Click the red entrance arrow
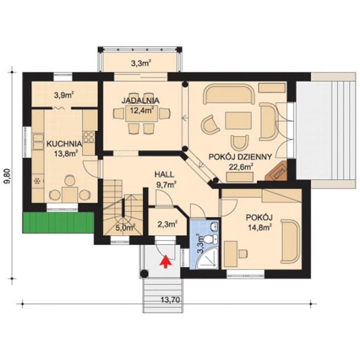pyautogui.click(x=166, y=261)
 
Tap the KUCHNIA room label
pyautogui.click(x=64, y=144)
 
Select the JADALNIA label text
pyautogui.click(x=140, y=101)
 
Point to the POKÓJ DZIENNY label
pyautogui.click(x=240, y=157)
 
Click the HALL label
pyautogui.click(x=164, y=174)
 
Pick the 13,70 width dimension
pyautogui.click(x=170, y=300)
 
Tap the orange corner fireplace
pyautogui.click(x=277, y=171)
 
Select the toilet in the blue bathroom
pyautogui.click(x=211, y=239)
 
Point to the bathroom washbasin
pyautogui.click(x=215, y=226)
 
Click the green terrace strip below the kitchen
pyautogui.click(x=58, y=223)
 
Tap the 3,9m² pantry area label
pyautogui.click(x=64, y=95)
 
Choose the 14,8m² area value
pyautogui.click(x=260, y=227)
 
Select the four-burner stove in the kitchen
pyautogui.click(x=89, y=137)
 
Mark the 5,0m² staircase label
pyautogui.click(x=125, y=228)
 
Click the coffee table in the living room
pyautogui.click(x=238, y=120)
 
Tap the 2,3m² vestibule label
pyautogui.click(x=168, y=224)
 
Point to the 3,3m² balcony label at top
pyautogui.click(x=141, y=63)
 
